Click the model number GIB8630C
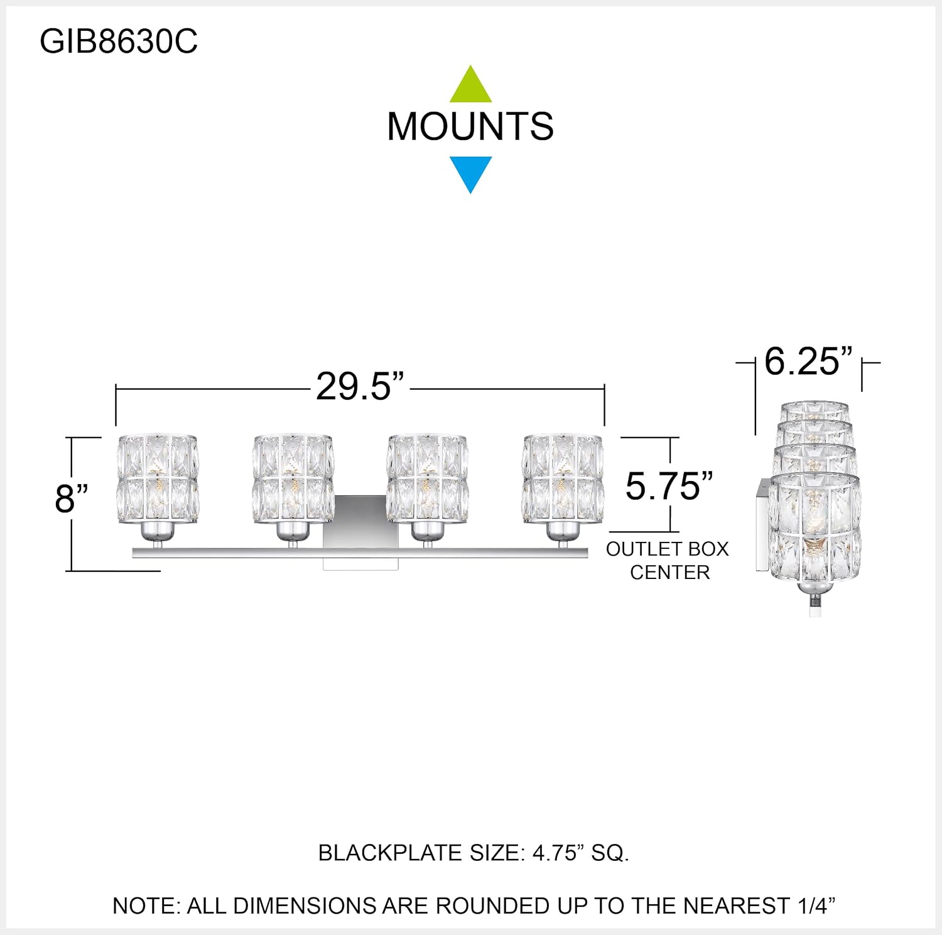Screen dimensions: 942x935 [x=119, y=42]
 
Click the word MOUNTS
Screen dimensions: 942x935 [x=470, y=126]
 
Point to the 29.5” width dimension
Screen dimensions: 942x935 [x=360, y=386]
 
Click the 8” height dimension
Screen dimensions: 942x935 [x=71, y=499]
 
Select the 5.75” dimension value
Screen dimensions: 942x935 [x=669, y=486]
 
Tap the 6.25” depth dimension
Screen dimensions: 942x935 [x=808, y=362]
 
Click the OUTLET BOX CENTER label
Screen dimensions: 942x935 [x=668, y=561]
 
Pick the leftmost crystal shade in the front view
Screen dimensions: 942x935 [x=158, y=478]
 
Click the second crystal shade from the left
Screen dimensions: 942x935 [x=293, y=478]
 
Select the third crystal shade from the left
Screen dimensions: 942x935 [x=428, y=478]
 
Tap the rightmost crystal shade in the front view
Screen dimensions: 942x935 [x=563, y=478]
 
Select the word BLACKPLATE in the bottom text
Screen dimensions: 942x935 [x=390, y=853]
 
